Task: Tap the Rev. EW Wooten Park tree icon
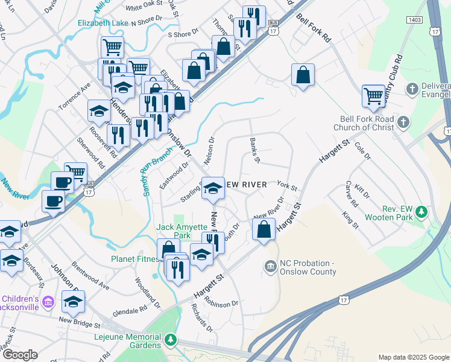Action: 422,212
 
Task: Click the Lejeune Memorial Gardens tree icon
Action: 171,340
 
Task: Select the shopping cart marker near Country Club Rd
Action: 374,95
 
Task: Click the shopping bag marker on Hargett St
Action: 263,230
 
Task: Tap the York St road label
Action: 287,185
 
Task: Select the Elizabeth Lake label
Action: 102,23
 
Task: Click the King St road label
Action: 350,220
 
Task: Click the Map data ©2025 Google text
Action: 413,357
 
